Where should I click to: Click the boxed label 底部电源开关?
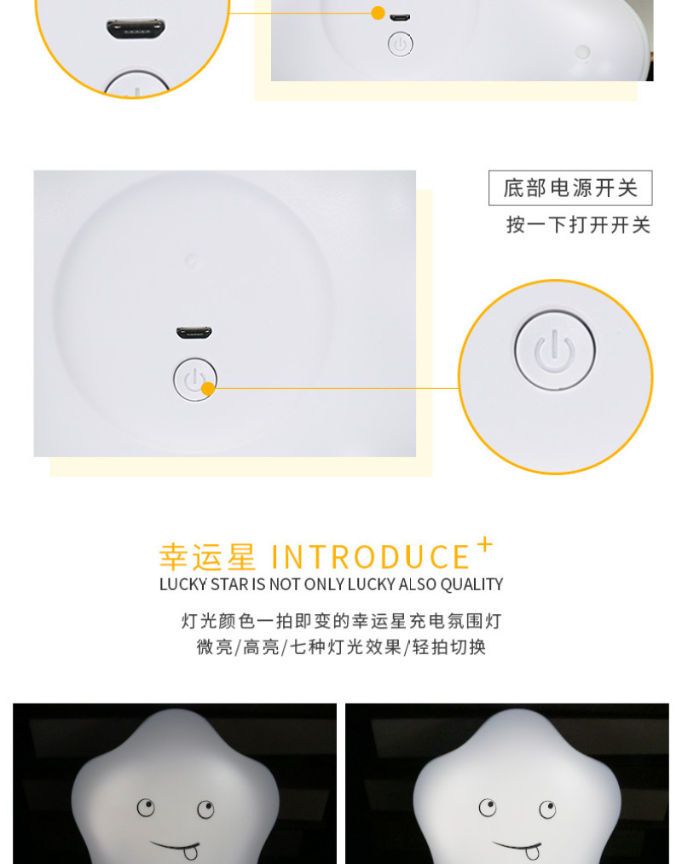(570, 188)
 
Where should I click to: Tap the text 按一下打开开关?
(579, 225)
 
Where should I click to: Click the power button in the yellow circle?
(555, 350)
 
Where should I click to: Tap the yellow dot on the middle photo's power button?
(208, 389)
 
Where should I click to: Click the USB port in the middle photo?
(194, 333)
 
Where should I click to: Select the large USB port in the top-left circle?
(136, 28)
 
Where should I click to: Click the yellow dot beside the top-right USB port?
(378, 13)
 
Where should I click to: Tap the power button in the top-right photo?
(401, 44)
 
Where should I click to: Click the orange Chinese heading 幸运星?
(208, 557)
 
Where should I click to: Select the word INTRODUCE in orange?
(370, 557)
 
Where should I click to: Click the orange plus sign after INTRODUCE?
(485, 545)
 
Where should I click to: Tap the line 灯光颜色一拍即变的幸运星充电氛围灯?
(342, 621)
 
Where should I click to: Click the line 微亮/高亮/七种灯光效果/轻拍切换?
(342, 647)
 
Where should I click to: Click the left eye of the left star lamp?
(146, 807)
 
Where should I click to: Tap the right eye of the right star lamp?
(547, 809)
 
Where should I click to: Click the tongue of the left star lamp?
(191, 852)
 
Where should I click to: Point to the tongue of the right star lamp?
(533, 852)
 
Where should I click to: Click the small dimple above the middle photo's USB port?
(191, 260)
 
